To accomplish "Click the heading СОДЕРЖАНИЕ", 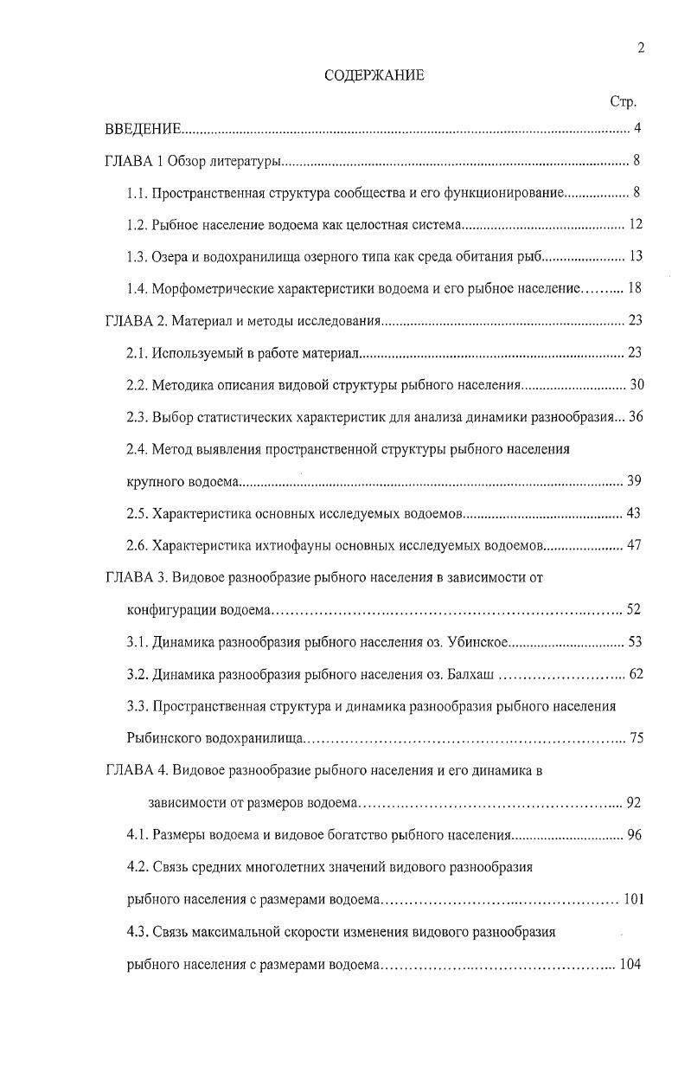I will [x=374, y=75].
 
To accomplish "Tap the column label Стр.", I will [x=623, y=103].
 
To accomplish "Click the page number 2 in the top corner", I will [x=641, y=48].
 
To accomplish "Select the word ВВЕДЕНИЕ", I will [x=143, y=130].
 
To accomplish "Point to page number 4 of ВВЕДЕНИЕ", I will [x=637, y=130].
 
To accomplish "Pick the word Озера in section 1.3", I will [x=170, y=257].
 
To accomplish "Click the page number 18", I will [x=635, y=289].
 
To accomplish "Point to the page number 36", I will [x=636, y=417].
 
